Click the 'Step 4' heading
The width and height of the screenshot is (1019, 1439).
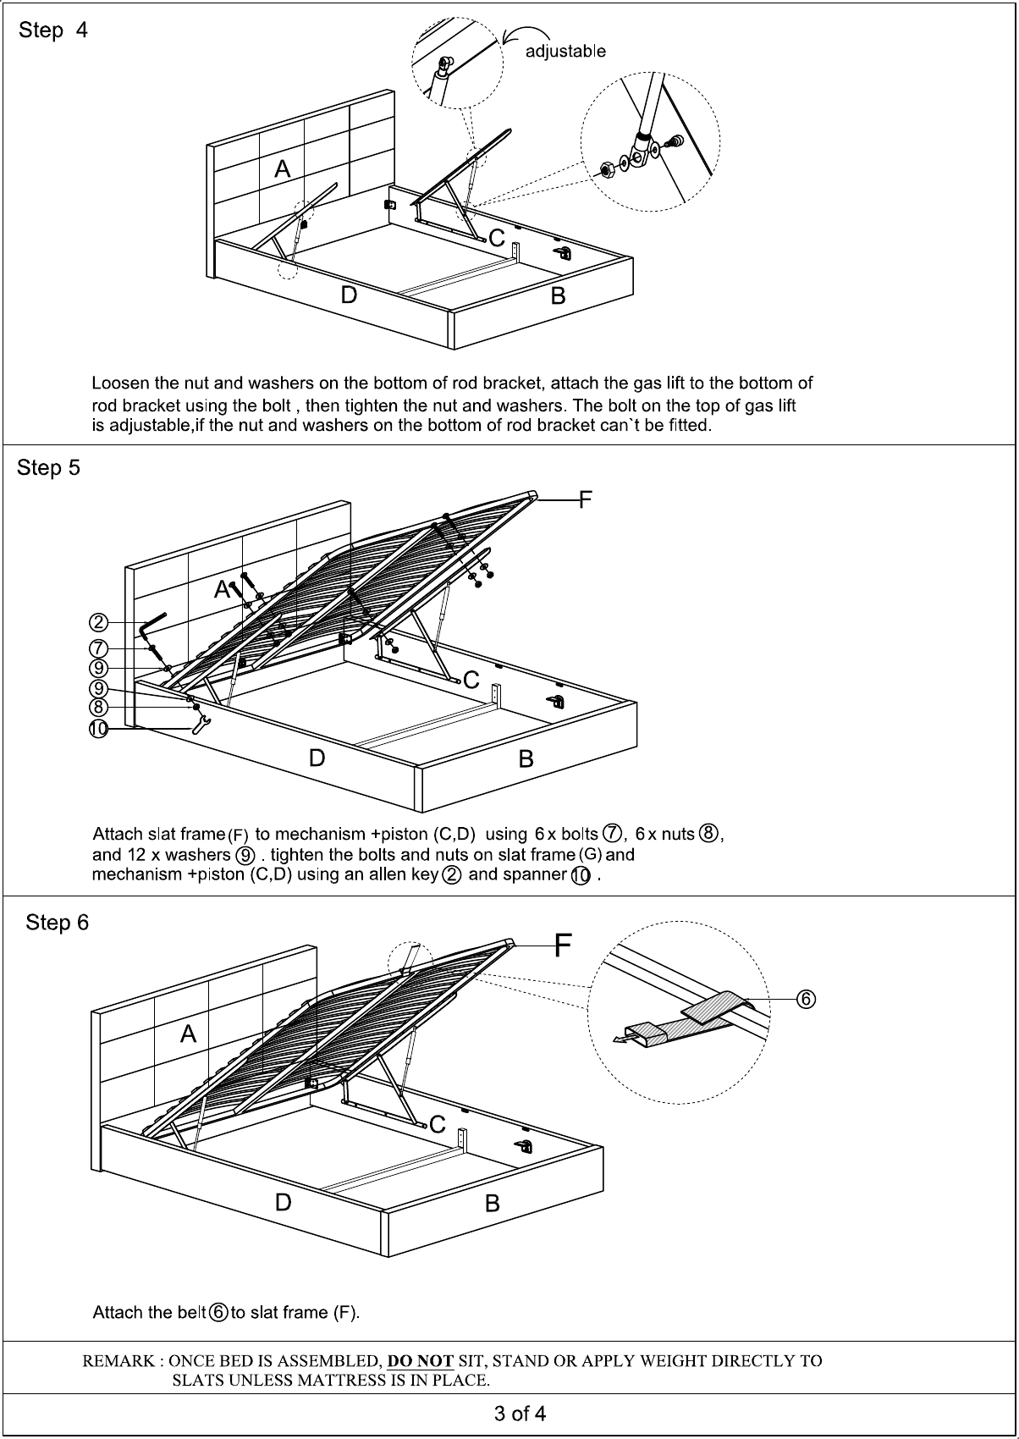pyautogui.click(x=52, y=30)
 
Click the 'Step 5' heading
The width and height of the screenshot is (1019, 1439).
pyautogui.click(x=49, y=467)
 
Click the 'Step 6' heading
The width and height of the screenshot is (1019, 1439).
pyautogui.click(x=57, y=922)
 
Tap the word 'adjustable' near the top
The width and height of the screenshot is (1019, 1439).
pyautogui.click(x=565, y=52)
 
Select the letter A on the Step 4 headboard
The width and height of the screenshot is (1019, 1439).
pyautogui.click(x=283, y=169)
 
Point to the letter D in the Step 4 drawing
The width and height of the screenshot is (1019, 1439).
pyautogui.click(x=349, y=295)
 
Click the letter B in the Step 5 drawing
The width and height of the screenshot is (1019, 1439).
pyautogui.click(x=526, y=758)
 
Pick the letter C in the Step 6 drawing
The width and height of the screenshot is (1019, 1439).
pyautogui.click(x=438, y=1124)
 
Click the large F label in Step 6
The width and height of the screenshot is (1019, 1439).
pyautogui.click(x=563, y=945)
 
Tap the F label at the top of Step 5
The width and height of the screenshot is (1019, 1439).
pyautogui.click(x=585, y=500)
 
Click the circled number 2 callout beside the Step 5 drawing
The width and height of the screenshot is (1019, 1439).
pyautogui.click(x=99, y=623)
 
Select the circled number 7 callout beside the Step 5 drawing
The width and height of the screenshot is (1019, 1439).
pyautogui.click(x=99, y=648)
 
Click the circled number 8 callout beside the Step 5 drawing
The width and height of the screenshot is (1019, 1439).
pyautogui.click(x=99, y=707)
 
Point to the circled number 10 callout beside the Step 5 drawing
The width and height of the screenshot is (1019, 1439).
pyautogui.click(x=99, y=729)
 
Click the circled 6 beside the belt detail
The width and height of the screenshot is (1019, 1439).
pyautogui.click(x=806, y=1000)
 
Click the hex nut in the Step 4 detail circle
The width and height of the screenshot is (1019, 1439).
pyautogui.click(x=606, y=169)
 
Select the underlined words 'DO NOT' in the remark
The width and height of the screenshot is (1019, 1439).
pyautogui.click(x=420, y=1361)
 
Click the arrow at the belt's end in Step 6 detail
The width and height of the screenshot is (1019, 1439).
pyautogui.click(x=622, y=1039)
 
